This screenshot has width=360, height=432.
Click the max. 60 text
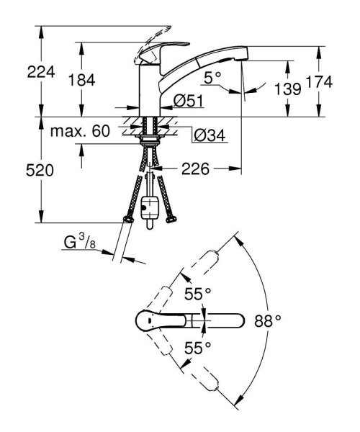pyautogui.click(x=80, y=132)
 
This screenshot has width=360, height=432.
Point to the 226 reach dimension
pyautogui.click(x=196, y=170)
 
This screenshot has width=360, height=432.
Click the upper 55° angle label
pyautogui.click(x=199, y=294)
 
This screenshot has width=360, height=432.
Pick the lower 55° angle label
pyautogui.click(x=199, y=348)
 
